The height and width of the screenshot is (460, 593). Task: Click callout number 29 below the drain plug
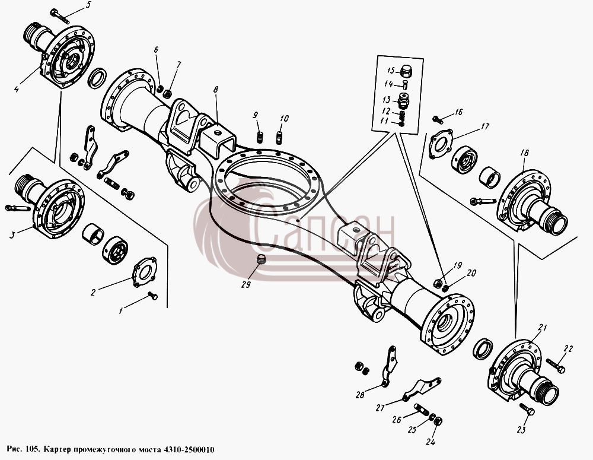[x=246, y=284]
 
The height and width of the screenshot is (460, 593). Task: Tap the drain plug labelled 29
[x=261, y=260]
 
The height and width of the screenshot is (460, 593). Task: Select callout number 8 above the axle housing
[x=216, y=90]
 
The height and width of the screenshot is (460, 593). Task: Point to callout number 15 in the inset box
[x=391, y=71]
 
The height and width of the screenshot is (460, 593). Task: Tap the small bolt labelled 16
[x=438, y=120]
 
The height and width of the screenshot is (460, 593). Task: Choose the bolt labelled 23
[x=527, y=410]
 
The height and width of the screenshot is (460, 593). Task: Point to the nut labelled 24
[x=438, y=421]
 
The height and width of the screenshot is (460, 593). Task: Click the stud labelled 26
[x=421, y=410]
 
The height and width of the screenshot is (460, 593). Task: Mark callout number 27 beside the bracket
[x=380, y=408]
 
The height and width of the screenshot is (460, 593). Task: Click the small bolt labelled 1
[x=152, y=296]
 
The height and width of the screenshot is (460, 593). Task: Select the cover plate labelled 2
[x=145, y=272]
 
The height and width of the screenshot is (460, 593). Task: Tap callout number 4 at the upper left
[x=16, y=90]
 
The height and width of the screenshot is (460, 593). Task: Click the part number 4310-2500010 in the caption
[x=188, y=450]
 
